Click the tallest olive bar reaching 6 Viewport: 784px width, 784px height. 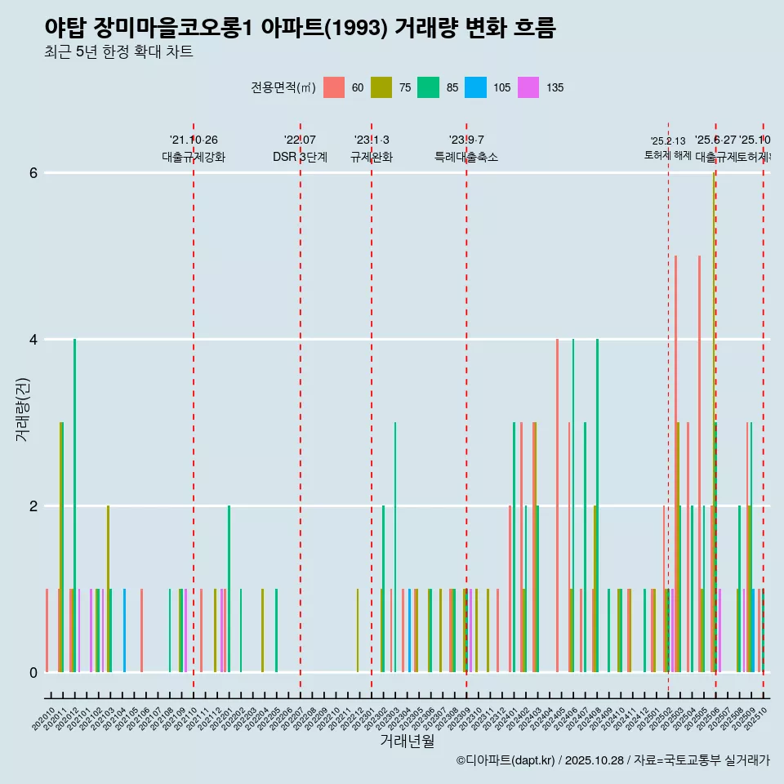pyautogui.click(x=713, y=425)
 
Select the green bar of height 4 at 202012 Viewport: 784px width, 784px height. pyautogui.click(x=74, y=506)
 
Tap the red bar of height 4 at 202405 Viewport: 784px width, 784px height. pyautogui.click(x=557, y=506)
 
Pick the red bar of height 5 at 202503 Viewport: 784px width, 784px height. pyautogui.click(x=675, y=465)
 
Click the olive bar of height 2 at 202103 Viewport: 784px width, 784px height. pyautogui.click(x=108, y=588)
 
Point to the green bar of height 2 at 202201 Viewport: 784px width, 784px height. pyautogui.click(x=229, y=588)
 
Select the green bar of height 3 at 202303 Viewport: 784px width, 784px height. pyautogui.click(x=395, y=547)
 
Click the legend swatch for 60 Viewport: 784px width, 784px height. pyautogui.click(x=334, y=87)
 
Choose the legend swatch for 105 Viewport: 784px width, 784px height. pyautogui.click(x=475, y=87)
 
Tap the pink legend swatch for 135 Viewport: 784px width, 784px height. pyautogui.click(x=528, y=87)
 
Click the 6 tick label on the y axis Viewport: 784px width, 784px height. pyautogui.click(x=33, y=172)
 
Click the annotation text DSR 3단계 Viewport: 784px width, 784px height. pyautogui.click(x=300, y=157)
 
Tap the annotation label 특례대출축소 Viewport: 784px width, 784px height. pyautogui.click(x=465, y=157)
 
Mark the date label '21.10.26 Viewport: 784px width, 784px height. pyautogui.click(x=194, y=140)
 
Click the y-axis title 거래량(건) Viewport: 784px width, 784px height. pyautogui.click(x=22, y=409)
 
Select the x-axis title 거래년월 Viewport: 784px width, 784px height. pyautogui.click(x=407, y=741)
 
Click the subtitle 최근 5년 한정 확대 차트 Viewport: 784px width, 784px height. pyautogui.click(x=119, y=52)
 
